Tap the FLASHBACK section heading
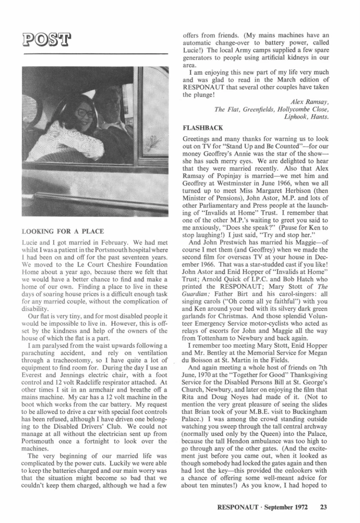(x=205, y=127)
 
